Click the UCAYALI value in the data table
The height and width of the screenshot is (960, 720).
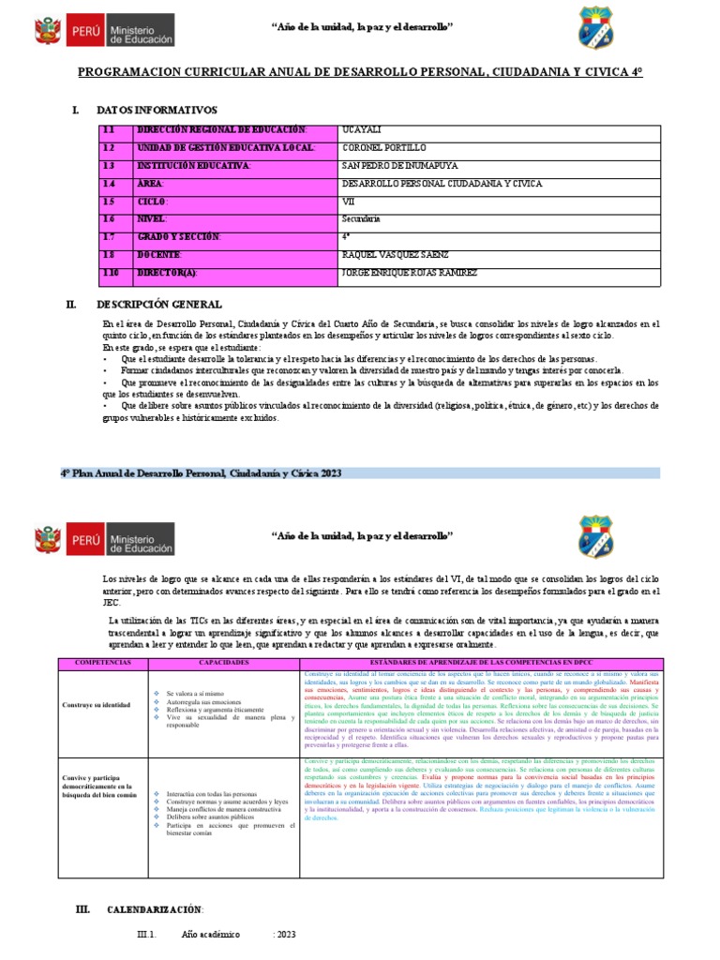click(361, 130)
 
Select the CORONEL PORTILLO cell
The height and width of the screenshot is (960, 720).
click(383, 148)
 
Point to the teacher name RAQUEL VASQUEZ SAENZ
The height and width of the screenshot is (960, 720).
click(397, 255)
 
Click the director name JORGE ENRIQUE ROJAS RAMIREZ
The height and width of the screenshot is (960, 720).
click(410, 273)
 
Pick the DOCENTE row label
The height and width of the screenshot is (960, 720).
click(159, 255)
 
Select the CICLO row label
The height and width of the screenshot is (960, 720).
click(152, 202)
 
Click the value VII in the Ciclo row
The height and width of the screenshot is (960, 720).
click(348, 202)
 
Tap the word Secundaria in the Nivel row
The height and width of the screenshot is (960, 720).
click(361, 219)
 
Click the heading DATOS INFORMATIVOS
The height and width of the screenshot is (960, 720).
click(157, 111)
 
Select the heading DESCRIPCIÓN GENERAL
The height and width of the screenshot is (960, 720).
click(158, 305)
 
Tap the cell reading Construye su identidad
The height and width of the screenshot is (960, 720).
click(98, 704)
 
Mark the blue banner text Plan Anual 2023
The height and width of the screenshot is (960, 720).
click(201, 473)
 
